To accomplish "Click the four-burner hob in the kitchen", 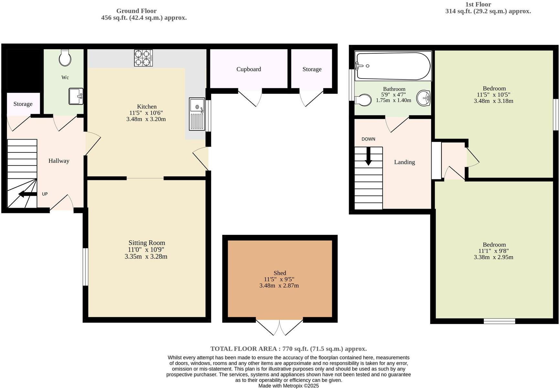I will [x=143, y=58].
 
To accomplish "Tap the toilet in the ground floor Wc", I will [x=65, y=58].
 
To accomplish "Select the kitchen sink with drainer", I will [x=197, y=114].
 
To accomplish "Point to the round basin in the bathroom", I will [x=423, y=98].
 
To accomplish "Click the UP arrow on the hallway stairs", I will [x=28, y=194].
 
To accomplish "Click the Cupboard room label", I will [x=248, y=69].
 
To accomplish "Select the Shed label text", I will [x=280, y=273].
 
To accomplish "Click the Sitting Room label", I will [x=147, y=243].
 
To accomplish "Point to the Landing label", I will [x=404, y=162].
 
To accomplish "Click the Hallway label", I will [x=59, y=161].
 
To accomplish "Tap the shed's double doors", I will [x=280, y=327].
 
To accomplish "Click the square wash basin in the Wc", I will [x=76, y=96].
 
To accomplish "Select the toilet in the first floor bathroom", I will [x=363, y=100].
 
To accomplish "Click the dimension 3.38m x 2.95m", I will [x=493, y=257].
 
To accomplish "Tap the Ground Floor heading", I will [x=136, y=11].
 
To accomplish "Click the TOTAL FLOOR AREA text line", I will [x=288, y=349].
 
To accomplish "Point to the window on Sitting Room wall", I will [x=85, y=267].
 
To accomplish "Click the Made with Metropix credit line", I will [x=288, y=386].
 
